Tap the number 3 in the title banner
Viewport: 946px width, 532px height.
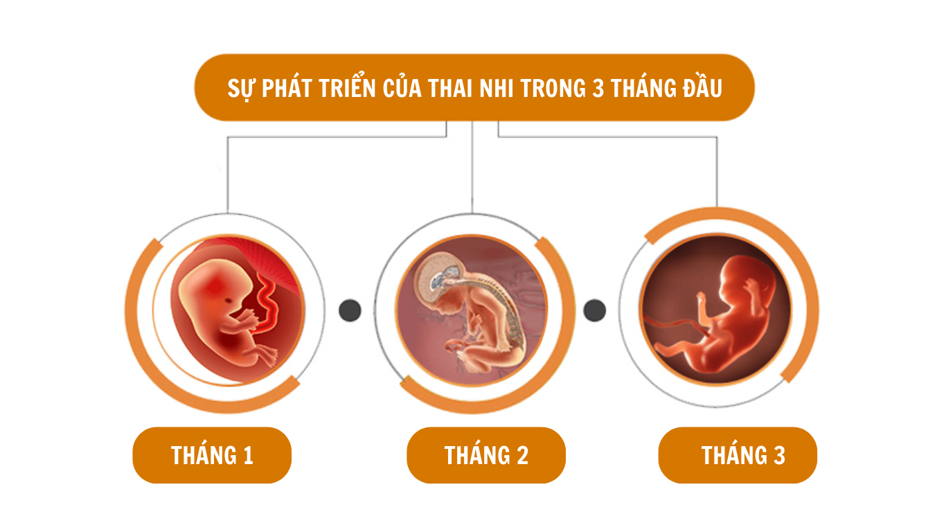(598, 88)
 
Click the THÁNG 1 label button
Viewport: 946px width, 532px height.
(212, 455)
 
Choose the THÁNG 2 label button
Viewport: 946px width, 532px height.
(486, 455)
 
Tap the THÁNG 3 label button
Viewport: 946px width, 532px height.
(738, 455)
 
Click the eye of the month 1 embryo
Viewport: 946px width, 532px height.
(228, 301)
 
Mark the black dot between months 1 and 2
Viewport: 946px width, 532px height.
(350, 310)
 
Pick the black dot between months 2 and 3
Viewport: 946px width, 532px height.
(595, 310)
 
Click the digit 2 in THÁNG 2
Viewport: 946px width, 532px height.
(523, 456)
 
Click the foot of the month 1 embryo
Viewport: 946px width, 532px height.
(269, 356)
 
